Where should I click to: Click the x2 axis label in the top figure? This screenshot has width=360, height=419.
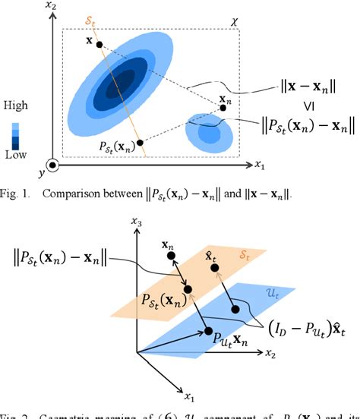[51, 8]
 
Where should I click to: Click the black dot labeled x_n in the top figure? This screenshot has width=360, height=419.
[223, 108]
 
